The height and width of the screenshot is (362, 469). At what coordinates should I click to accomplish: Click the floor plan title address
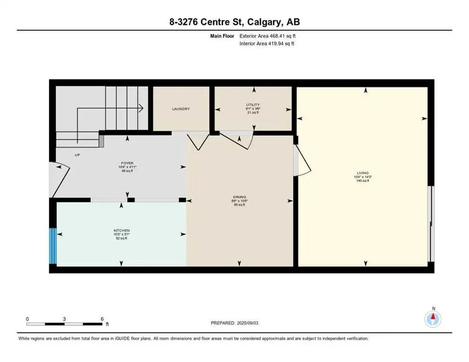[234, 22]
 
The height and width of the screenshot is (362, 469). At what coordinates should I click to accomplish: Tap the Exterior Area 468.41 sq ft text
[268, 36]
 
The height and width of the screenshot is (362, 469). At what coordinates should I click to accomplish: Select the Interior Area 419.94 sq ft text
[268, 44]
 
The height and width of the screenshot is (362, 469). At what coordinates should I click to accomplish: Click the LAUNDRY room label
[181, 109]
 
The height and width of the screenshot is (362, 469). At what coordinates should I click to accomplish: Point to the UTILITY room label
[253, 105]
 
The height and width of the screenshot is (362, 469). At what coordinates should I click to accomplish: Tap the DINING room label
[240, 197]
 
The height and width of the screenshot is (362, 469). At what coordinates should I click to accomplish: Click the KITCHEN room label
[121, 230]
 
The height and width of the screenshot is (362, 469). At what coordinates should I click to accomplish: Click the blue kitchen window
[53, 246]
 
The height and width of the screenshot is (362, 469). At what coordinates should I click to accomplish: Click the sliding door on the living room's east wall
[430, 223]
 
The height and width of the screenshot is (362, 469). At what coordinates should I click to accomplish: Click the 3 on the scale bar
[64, 319]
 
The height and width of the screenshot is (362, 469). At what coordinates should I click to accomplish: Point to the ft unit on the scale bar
[107, 324]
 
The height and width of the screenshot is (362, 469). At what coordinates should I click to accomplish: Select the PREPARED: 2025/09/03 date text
[234, 323]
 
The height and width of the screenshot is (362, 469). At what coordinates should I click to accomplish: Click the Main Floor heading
[223, 36]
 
